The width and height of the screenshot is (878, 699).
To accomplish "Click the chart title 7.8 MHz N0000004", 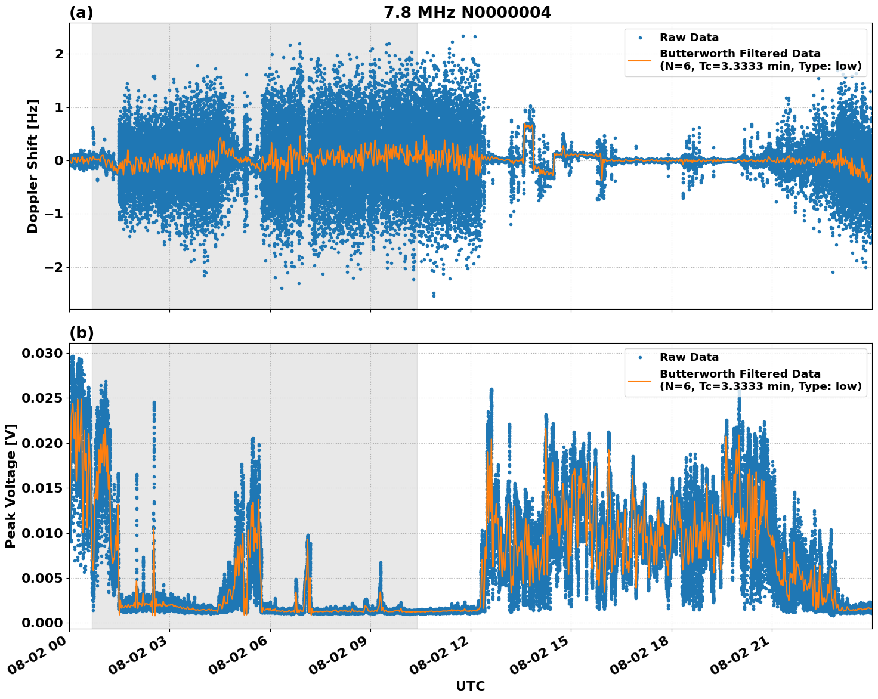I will [467, 13].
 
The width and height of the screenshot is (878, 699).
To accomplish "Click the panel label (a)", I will [81, 13].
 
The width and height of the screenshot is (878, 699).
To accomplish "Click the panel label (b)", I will [81, 333].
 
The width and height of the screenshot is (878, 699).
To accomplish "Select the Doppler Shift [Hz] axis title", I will [33, 166].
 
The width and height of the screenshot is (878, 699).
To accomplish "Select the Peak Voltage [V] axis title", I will [10, 485].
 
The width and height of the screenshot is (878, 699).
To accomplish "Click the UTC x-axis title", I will [470, 686].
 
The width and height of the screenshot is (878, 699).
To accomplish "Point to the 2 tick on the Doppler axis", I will [59, 54].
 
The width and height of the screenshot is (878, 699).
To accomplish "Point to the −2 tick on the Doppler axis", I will [54, 267].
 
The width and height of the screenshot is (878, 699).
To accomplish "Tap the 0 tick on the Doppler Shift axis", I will [59, 160].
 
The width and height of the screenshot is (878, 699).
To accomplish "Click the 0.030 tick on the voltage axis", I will [42, 354].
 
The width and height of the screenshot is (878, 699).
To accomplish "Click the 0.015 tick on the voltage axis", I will [42, 488].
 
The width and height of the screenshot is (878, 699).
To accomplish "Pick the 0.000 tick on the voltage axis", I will [42, 623].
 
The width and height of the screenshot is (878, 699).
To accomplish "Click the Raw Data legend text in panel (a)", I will [689, 38].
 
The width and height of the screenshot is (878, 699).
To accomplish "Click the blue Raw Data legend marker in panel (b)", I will [640, 357].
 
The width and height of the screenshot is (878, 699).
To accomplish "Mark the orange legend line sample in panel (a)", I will [640, 60].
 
